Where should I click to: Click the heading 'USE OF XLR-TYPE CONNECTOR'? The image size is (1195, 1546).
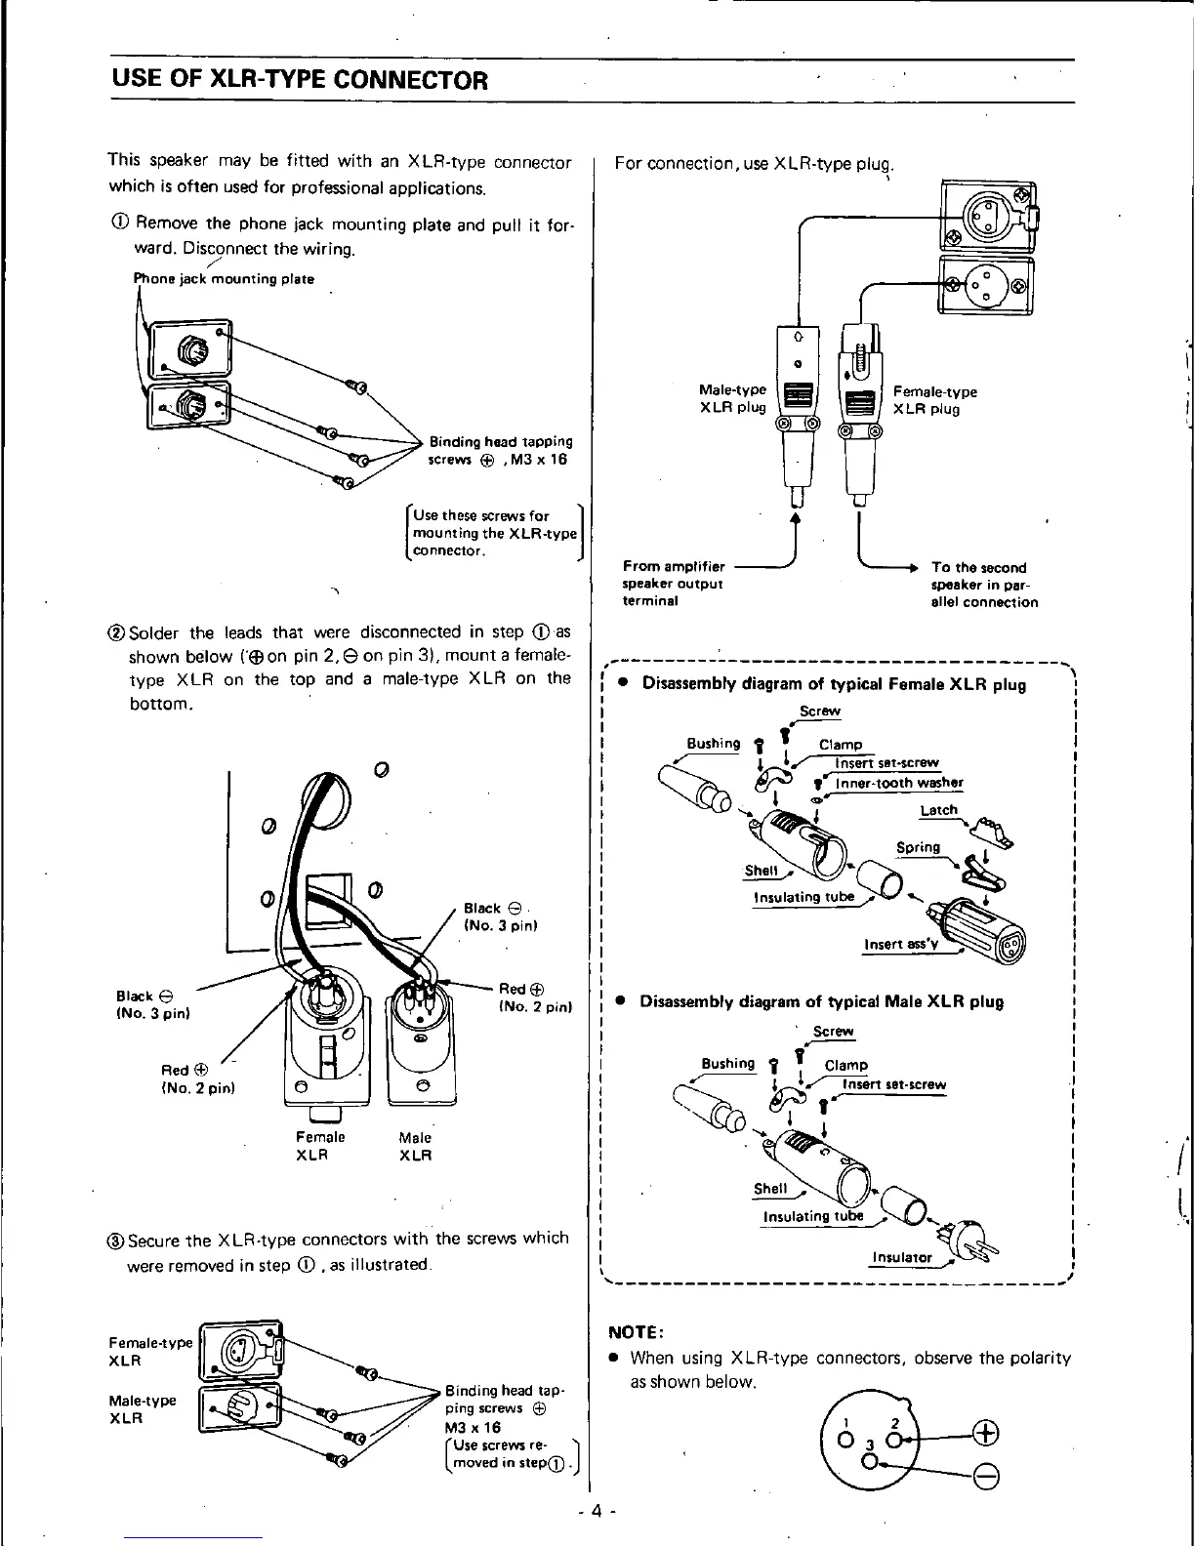298,80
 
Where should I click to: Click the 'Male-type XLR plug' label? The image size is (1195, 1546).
733,399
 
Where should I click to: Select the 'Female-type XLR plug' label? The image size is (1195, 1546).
934,400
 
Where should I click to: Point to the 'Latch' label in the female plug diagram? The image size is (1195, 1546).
938,810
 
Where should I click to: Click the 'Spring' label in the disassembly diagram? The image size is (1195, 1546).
918,847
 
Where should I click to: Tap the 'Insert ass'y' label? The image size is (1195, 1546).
900,944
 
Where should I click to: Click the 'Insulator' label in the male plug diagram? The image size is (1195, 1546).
901,1257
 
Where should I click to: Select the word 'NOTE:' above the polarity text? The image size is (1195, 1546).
637,1331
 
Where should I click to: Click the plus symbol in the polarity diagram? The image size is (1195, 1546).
986,1433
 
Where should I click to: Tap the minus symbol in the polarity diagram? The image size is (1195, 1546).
986,1475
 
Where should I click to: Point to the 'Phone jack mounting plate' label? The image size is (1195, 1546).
224,279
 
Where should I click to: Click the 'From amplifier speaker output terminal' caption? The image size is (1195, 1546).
674,584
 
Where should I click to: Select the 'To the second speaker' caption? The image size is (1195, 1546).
984,584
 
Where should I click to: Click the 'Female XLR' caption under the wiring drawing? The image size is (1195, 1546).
319,1146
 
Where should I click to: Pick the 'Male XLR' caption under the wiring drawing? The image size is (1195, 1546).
415,1146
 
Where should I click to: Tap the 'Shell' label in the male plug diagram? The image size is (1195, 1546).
770,1188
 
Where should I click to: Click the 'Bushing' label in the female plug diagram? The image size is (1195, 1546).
714,744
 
